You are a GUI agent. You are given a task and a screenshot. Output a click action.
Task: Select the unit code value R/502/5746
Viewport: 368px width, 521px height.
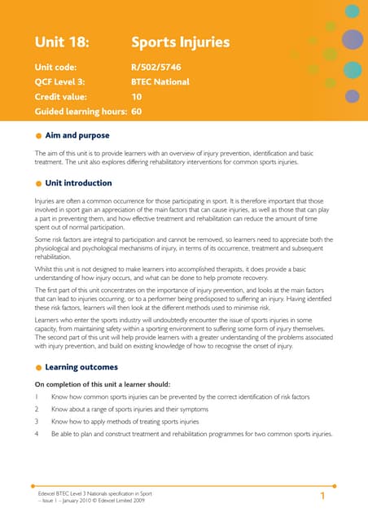[162, 67]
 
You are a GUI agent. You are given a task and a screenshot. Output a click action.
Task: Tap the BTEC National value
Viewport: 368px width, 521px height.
[160, 81]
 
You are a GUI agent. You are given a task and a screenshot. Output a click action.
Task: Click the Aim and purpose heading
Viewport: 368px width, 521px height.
[79, 135]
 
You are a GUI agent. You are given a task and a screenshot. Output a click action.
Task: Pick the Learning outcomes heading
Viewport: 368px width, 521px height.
[82, 367]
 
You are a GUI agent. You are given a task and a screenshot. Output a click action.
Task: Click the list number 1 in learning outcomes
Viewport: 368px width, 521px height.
[37, 396]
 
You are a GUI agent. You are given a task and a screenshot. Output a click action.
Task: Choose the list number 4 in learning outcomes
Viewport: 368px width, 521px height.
[37, 434]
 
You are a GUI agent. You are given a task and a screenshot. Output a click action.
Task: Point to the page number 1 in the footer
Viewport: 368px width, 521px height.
[323, 496]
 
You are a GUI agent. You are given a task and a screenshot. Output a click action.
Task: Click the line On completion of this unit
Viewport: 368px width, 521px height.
[102, 383]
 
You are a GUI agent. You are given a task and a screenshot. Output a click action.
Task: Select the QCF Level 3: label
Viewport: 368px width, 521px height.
[64, 81]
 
